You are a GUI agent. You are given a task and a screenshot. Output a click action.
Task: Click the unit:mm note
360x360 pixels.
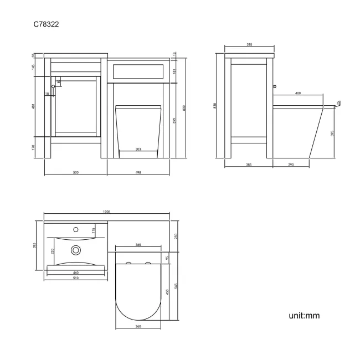pos(304,316)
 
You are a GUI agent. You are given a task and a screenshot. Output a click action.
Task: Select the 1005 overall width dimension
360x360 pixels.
pos(107,212)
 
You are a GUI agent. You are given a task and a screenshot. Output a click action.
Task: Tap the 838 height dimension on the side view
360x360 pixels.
pos(215,106)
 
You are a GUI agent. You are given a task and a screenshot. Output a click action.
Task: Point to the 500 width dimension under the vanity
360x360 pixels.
pos(75,173)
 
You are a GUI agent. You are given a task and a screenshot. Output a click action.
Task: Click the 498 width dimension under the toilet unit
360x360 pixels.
pos(138,173)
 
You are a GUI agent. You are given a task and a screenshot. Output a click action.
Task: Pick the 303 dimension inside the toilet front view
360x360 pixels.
pos(138,148)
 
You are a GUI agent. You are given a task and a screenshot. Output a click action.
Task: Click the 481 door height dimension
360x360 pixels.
pos(34,106)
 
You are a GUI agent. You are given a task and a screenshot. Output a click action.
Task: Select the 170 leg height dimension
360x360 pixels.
pos(34,147)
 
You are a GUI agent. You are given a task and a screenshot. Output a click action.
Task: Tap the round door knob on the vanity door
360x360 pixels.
pos(54,86)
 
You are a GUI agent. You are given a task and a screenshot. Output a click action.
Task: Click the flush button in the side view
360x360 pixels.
pos(274,86)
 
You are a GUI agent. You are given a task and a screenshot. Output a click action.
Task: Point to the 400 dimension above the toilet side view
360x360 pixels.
pos(298,93)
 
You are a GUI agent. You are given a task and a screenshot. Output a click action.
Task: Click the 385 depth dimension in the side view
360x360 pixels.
pos(249,165)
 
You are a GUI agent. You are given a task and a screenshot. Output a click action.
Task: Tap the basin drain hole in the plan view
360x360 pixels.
pos(74,250)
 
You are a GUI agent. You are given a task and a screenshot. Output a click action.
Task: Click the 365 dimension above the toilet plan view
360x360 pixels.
pos(138,244)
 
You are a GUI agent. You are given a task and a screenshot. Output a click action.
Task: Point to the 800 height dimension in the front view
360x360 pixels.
pos(184,107)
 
